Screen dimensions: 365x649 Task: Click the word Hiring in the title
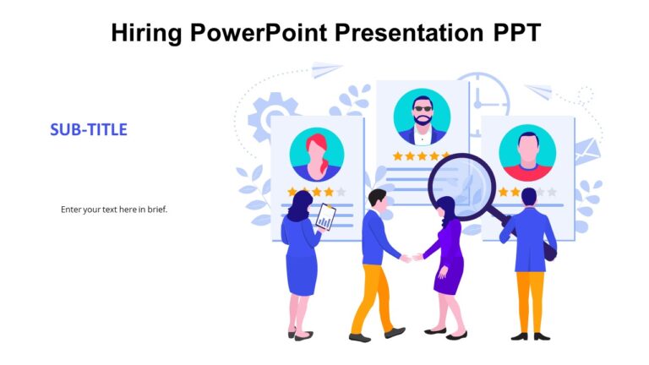click(x=146, y=33)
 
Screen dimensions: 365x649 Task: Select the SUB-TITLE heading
click(x=89, y=129)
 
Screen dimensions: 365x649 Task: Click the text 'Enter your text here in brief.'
click(x=114, y=209)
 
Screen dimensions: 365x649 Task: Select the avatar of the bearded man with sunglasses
click(x=422, y=117)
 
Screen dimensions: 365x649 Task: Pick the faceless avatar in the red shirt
click(x=526, y=153)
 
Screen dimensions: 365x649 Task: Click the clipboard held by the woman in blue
click(x=325, y=218)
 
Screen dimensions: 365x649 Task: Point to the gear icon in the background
click(x=271, y=115)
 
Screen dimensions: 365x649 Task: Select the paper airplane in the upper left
click(x=326, y=69)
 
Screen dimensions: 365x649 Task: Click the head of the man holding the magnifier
click(x=529, y=197)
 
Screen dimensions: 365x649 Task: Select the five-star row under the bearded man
click(x=422, y=156)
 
